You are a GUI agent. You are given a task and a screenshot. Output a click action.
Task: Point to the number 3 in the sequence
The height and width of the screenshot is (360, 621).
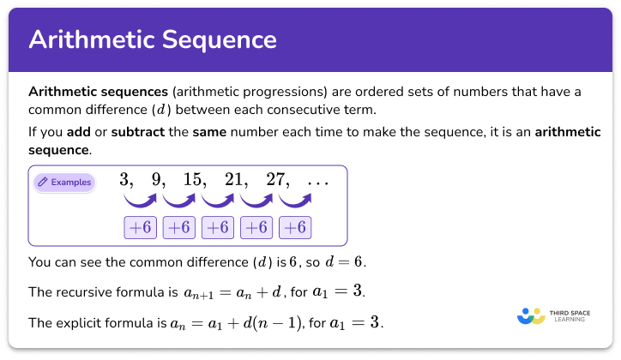126,181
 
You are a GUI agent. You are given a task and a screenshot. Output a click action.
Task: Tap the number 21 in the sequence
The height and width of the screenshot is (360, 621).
235,181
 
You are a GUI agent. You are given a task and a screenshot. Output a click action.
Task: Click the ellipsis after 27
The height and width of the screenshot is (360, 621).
317,182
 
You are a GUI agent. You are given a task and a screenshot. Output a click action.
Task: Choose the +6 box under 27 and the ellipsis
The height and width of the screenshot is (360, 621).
294,228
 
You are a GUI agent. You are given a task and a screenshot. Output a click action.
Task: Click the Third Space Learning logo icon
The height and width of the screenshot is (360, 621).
531,315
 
